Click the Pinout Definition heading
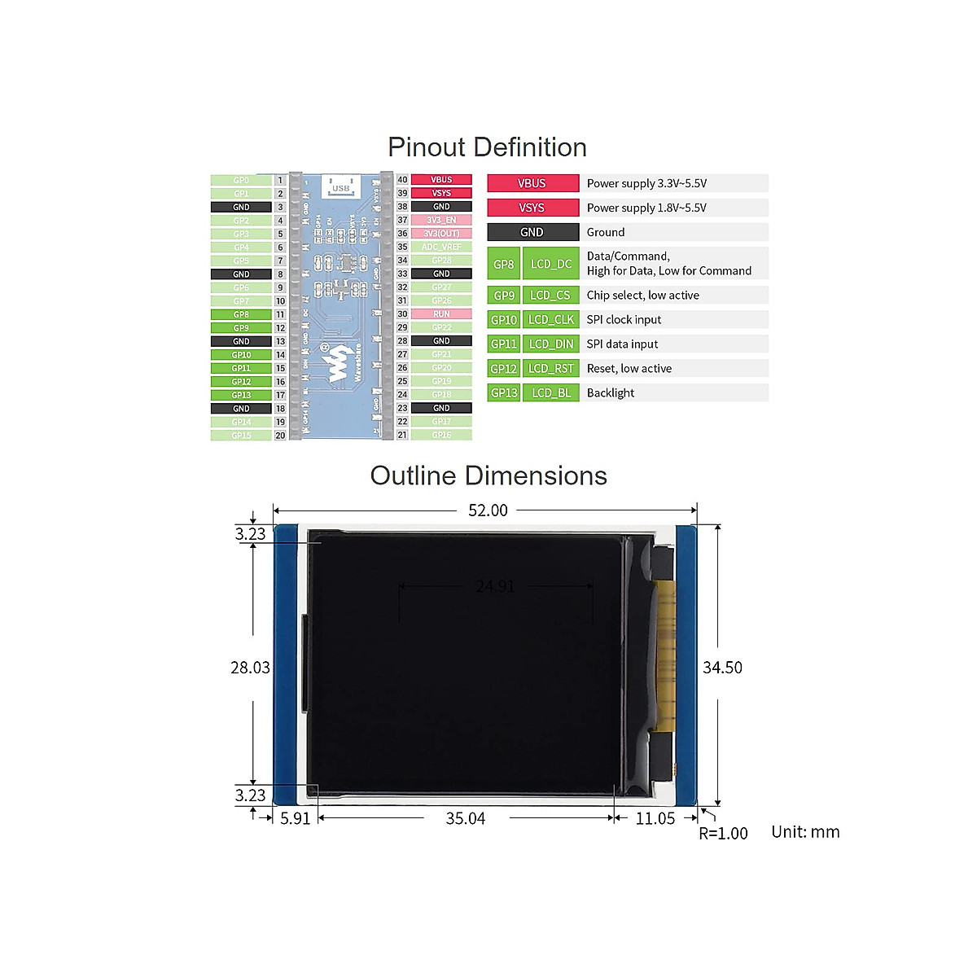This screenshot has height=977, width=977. (x=487, y=147)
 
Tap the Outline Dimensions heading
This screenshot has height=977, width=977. (x=488, y=476)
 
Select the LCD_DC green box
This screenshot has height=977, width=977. (x=551, y=264)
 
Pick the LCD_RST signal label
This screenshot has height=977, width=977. (x=551, y=369)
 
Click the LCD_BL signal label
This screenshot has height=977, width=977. (x=551, y=393)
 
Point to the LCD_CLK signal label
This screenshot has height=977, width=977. (x=551, y=320)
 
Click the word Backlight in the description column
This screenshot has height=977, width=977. (x=611, y=393)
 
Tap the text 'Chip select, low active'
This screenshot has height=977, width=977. (x=642, y=296)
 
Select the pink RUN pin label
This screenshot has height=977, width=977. (x=441, y=314)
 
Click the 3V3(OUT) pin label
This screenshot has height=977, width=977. (x=441, y=234)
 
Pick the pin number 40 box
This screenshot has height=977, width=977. (x=402, y=180)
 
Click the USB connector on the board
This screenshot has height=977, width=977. (x=341, y=186)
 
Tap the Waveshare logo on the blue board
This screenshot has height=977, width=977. (x=335, y=366)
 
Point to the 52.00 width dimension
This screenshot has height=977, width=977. (x=488, y=510)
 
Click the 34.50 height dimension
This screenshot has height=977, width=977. (x=722, y=668)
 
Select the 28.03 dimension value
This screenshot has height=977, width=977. (x=250, y=668)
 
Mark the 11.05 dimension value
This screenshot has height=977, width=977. (x=655, y=819)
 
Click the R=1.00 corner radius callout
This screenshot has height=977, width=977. (x=723, y=833)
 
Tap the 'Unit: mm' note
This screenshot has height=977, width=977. (x=805, y=832)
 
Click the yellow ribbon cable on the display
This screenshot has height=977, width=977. (x=667, y=651)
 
